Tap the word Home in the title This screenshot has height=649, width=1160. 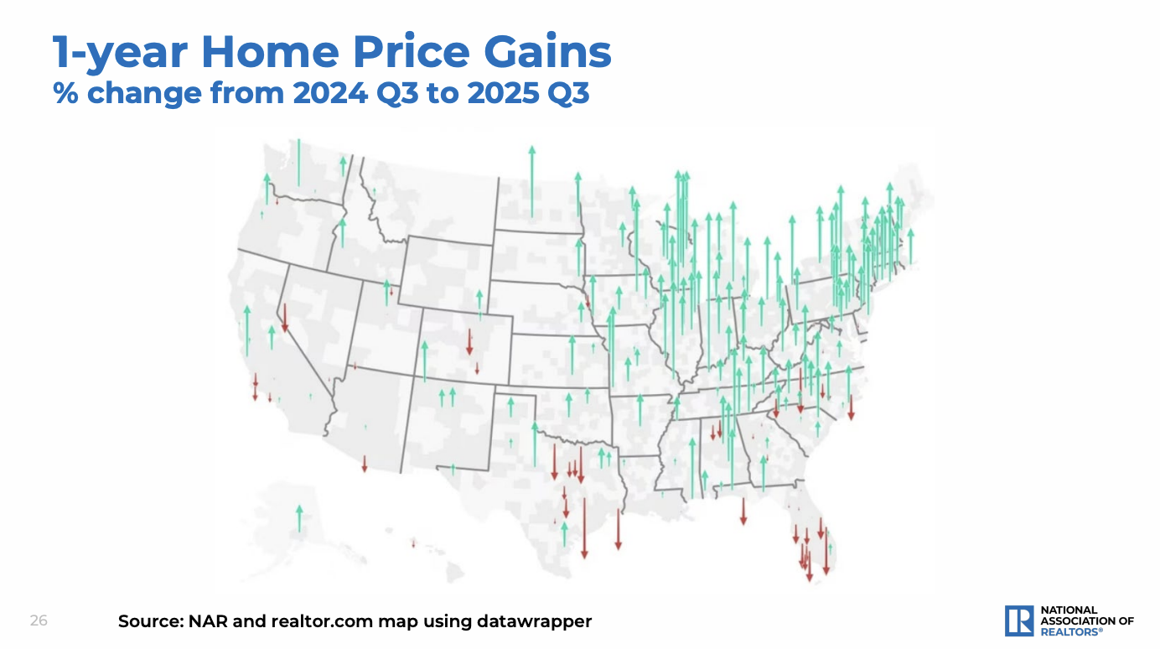point(271,53)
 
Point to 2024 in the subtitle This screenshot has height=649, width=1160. point(329,93)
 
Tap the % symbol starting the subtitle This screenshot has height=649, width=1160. point(66,93)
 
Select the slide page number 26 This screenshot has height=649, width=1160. point(39,621)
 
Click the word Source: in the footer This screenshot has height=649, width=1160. point(149,622)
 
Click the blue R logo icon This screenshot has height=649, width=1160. point(1019,620)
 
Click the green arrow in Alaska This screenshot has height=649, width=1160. point(299,518)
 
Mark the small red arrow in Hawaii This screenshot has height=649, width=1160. point(413,543)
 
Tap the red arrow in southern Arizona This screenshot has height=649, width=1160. point(365,464)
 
